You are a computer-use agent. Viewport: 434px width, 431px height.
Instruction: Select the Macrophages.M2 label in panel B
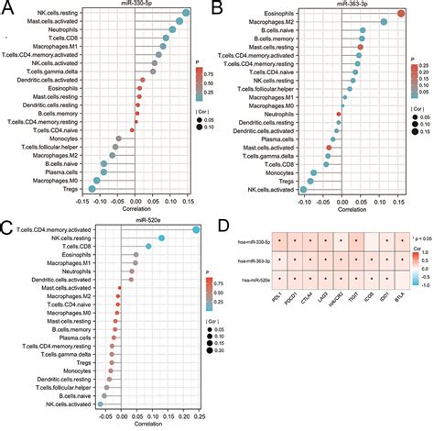[267, 22]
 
